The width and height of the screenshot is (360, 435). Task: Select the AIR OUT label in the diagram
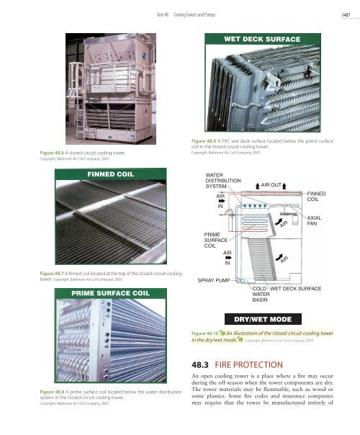pos(274,184)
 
